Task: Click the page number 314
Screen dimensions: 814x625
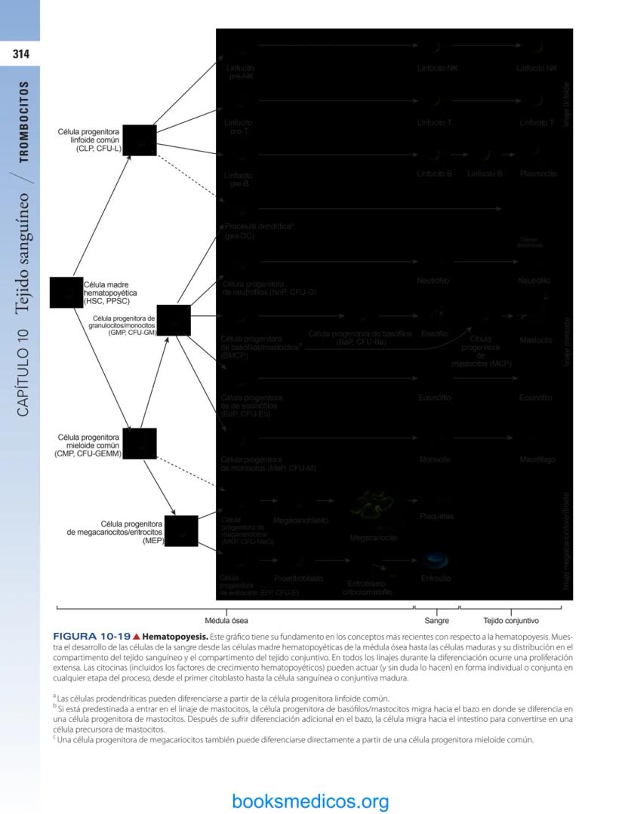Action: [x=20, y=54]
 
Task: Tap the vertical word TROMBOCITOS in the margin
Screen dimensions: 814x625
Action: [x=24, y=122]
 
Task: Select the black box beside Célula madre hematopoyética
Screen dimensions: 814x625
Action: [x=66, y=293]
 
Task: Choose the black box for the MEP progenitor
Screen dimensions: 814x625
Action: [x=181, y=532]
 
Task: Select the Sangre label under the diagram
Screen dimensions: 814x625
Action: [x=436, y=621]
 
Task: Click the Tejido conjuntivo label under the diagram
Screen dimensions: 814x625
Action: [x=511, y=621]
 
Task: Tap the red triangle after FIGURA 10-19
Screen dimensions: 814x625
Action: [x=137, y=637]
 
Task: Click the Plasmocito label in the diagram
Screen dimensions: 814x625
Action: [x=538, y=174]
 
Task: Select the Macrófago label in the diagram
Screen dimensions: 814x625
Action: [x=537, y=459]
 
